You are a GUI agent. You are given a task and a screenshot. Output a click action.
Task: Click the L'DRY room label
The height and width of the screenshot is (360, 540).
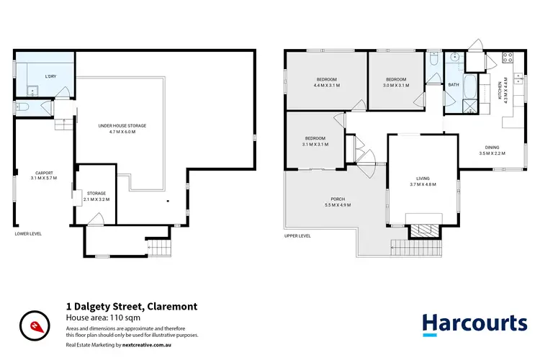pos(50,76)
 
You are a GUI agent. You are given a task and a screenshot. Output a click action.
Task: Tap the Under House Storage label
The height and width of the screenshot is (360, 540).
pos(117,129)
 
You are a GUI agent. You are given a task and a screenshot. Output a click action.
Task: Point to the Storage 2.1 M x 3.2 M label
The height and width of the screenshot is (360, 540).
pos(96,196)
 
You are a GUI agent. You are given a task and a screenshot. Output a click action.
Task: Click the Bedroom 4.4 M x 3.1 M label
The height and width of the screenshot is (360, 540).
pos(327,82)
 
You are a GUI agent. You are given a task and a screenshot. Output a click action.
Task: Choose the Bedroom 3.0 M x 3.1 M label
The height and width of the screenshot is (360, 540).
pos(396,82)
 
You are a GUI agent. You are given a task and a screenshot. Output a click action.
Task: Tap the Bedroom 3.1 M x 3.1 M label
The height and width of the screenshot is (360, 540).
pos(315,141)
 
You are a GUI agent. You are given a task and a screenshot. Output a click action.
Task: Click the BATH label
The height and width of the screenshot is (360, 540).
pos(453,85)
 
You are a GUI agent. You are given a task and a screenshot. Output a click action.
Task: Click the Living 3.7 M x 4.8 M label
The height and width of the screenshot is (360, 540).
pos(423,183)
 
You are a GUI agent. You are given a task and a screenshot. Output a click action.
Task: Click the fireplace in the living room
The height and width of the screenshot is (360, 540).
pos(423,230)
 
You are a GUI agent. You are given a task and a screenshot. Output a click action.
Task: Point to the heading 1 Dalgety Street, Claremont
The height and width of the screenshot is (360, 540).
pos(131,307)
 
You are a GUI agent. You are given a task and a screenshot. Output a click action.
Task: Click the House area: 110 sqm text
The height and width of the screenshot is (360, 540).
pos(97,318)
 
